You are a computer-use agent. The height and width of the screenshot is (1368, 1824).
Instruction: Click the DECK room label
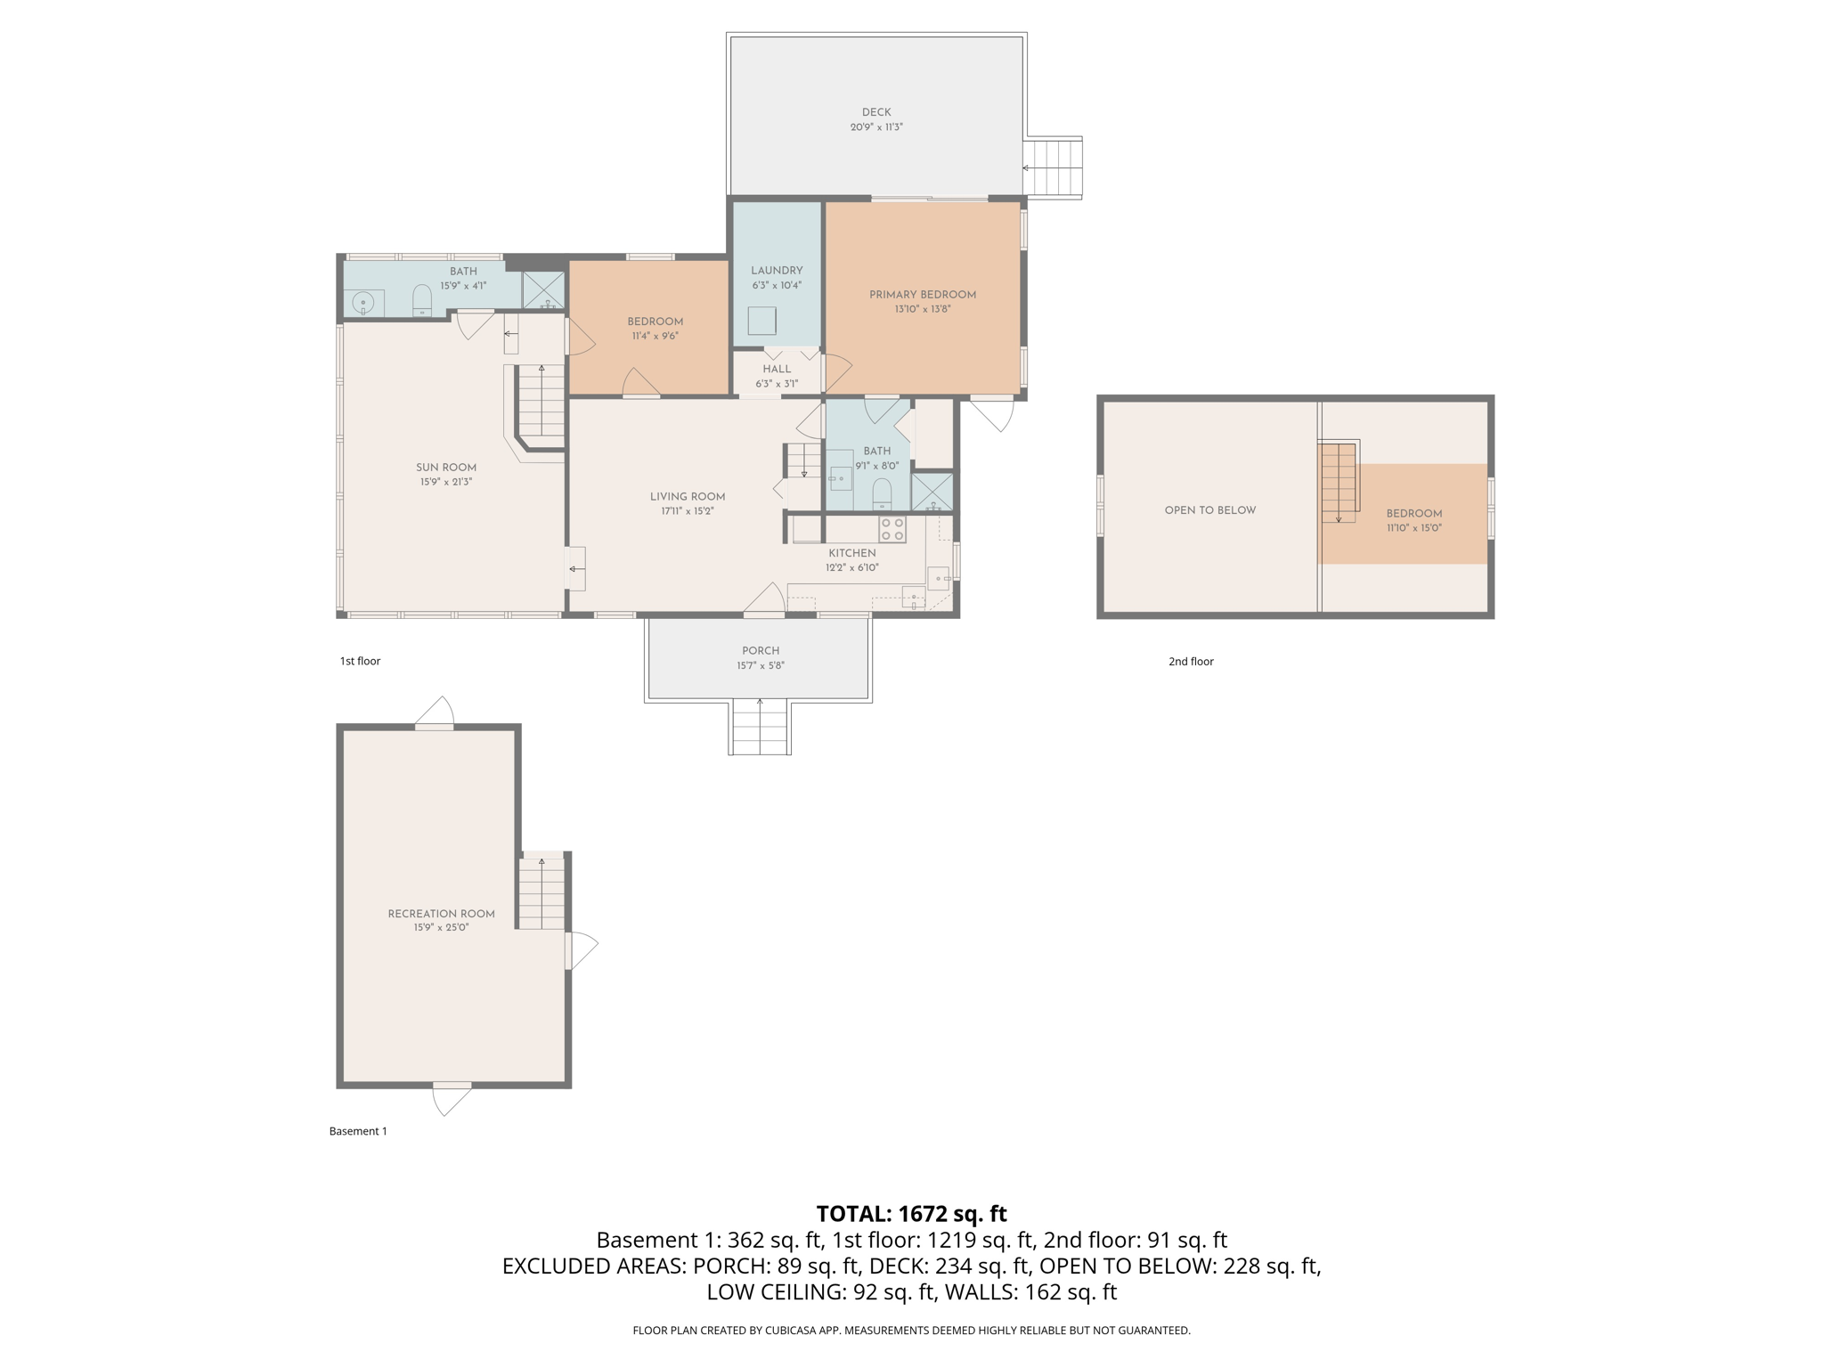875,112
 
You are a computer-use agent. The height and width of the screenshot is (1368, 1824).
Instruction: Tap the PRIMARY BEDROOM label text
922,295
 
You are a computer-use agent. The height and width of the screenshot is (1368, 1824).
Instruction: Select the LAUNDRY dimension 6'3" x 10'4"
777,286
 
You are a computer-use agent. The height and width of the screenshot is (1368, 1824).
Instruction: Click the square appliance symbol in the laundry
761,320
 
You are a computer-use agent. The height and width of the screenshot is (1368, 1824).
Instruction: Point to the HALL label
777,369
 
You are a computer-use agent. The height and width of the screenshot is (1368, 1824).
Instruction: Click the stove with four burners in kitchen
892,529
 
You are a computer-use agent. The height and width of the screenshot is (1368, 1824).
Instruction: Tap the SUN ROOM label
446,468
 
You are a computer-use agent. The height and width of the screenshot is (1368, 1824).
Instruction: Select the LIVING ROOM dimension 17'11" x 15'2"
688,512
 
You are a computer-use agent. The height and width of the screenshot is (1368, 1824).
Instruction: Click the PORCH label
760,651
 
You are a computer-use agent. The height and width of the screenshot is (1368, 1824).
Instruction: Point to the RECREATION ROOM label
441,914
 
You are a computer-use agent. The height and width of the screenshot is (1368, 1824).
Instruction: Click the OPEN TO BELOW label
1209,510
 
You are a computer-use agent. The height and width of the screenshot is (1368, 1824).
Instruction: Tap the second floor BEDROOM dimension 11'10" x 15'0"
1413,528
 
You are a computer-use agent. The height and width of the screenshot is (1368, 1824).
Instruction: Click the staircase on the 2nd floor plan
1338,482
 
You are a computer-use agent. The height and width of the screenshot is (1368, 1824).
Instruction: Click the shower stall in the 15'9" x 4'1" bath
543,290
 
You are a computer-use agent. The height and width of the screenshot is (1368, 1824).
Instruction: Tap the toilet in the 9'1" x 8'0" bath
882,493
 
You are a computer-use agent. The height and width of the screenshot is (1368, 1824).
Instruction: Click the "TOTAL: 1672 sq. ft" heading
911,1214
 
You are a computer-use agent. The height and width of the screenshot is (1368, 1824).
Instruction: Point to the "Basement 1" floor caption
358,1131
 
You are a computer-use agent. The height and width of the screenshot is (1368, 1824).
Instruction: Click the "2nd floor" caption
1191,661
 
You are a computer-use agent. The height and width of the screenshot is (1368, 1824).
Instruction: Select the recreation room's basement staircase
541,892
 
